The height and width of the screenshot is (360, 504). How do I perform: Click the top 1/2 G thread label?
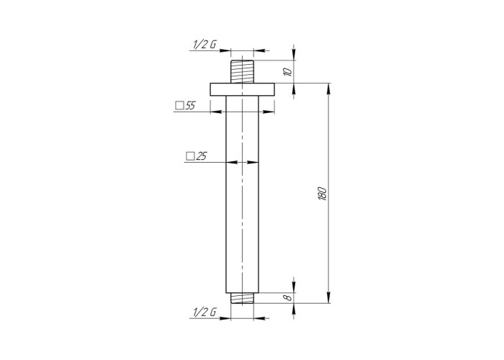point(204,45)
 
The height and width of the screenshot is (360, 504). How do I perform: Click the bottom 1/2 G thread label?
point(204,312)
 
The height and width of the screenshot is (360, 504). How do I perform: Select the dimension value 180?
point(323,193)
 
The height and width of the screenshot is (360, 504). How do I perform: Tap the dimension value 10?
point(288,72)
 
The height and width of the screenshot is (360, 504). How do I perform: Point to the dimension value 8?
point(289,297)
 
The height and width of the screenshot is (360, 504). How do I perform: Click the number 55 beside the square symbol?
point(190,105)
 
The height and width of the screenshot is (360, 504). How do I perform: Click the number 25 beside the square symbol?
point(201,156)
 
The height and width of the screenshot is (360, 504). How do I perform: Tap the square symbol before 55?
point(180,105)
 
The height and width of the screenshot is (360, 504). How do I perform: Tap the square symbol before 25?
point(190,156)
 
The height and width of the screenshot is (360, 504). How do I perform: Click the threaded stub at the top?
point(243,71)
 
